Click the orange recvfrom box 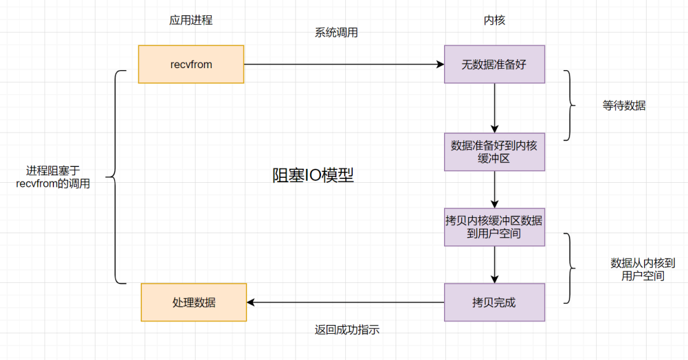point(191,64)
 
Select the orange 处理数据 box point(194,303)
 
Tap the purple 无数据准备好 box point(494,64)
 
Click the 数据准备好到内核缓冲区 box point(494,152)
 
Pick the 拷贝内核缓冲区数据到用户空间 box point(494,227)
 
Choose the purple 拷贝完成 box point(494,303)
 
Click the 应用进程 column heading point(190,20)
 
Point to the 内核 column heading point(494,20)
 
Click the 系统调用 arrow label point(336,33)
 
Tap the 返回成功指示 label point(347,330)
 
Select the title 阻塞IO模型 point(313,176)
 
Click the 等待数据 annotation point(624,106)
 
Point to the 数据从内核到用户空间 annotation point(642,269)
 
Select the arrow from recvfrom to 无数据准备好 point(344,64)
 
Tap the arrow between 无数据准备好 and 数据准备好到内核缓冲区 point(494,108)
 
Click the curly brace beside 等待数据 point(569,105)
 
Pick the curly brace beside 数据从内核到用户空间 point(569,268)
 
